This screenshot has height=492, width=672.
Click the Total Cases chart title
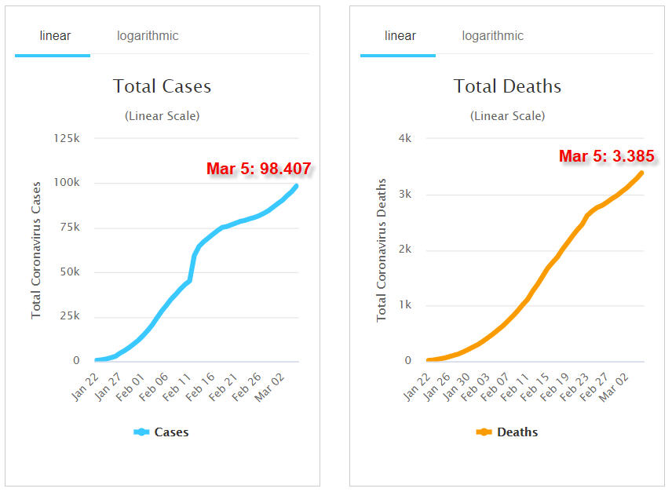162,86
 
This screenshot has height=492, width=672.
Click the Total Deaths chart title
507,86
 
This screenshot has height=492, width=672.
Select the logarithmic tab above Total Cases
148,36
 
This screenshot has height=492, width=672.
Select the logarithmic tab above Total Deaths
492,36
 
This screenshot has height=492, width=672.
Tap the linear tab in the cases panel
55,36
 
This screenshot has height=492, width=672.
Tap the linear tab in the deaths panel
400,36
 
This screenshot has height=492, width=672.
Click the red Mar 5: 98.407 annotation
258,168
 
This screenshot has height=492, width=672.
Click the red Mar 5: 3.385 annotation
606,156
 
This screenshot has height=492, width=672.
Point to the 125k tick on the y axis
66,138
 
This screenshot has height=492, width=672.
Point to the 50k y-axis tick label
66,272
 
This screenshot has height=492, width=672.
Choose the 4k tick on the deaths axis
405,138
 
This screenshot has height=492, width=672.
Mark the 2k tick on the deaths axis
405,250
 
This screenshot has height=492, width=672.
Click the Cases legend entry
162,432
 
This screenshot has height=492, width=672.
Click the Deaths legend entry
507,432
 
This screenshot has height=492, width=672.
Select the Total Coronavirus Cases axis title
36,250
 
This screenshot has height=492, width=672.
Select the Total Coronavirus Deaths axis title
382,250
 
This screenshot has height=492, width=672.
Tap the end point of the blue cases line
296,186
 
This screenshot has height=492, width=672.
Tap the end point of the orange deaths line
641,173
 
